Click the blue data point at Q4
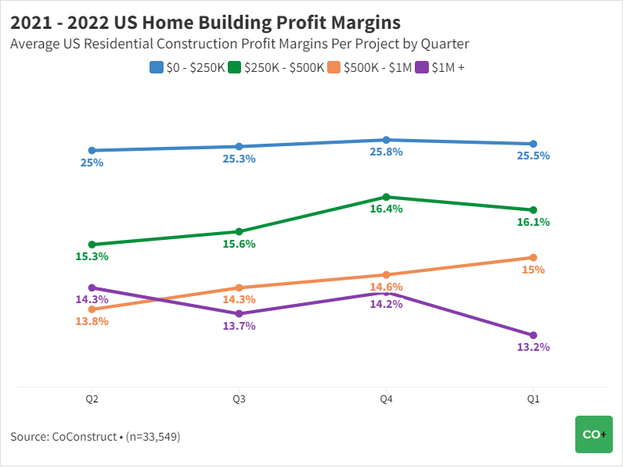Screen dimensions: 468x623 click(386, 140)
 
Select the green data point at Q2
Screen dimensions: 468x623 click(92, 245)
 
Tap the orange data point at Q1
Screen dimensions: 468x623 click(533, 258)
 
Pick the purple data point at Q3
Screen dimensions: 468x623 click(239, 313)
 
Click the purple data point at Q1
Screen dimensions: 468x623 click(533, 335)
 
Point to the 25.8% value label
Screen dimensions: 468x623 click(386, 152)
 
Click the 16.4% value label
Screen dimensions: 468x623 click(386, 209)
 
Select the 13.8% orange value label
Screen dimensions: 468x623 click(92, 321)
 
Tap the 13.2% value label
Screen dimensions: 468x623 click(533, 347)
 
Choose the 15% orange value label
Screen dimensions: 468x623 click(533, 270)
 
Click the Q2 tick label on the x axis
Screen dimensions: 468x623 click(92, 399)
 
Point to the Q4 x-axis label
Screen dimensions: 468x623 click(386, 399)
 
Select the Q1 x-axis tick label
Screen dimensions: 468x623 click(533, 399)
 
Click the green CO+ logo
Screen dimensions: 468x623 click(594, 434)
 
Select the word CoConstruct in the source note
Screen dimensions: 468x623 click(85, 437)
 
